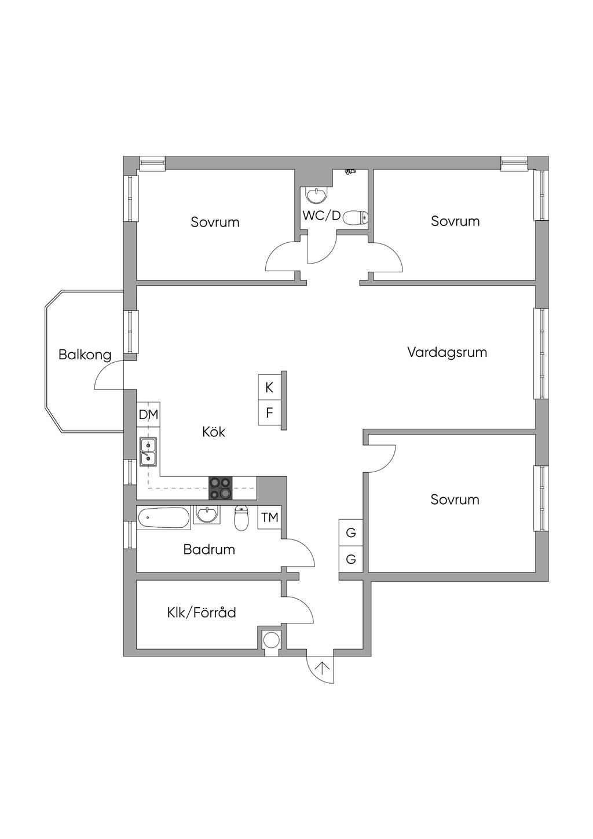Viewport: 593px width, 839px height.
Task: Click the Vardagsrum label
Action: pos(446,352)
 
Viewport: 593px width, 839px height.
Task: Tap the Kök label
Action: pos(214,432)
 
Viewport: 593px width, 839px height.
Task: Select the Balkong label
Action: pos(85,355)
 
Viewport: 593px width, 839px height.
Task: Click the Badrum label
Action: pos(209,549)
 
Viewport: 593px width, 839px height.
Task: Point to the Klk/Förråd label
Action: pos(202,612)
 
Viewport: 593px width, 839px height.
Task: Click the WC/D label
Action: pos(321,216)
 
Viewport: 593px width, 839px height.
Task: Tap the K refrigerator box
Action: pos(269,388)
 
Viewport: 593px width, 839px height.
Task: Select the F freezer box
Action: pos(269,413)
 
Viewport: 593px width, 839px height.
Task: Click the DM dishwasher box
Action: pos(148,414)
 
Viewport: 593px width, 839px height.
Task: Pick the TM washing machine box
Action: pos(270,517)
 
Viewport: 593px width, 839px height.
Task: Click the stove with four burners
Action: pos(220,488)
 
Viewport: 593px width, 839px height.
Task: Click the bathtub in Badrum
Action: pos(163,517)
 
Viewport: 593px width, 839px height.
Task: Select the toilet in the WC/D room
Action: pos(355,218)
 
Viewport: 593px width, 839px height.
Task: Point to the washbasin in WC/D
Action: pos(316,195)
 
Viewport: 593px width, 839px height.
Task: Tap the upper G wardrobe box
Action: pos(351,532)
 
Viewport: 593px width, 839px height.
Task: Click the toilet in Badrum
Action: pos(241,519)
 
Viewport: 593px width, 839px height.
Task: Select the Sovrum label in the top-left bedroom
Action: pos(215,222)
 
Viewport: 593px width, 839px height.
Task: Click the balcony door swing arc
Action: pos(107,375)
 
